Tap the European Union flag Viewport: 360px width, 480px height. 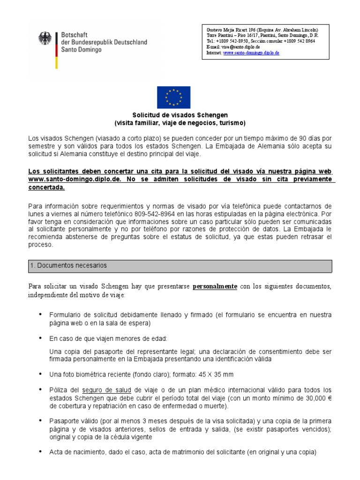click(x=173, y=97)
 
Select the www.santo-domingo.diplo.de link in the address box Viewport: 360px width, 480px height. click(x=251, y=53)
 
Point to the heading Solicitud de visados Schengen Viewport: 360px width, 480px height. click(x=180, y=115)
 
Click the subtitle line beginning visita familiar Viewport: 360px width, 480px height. click(x=180, y=123)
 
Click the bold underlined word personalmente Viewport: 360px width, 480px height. click(x=215, y=286)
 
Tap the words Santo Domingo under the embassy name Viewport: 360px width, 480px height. click(x=81, y=49)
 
